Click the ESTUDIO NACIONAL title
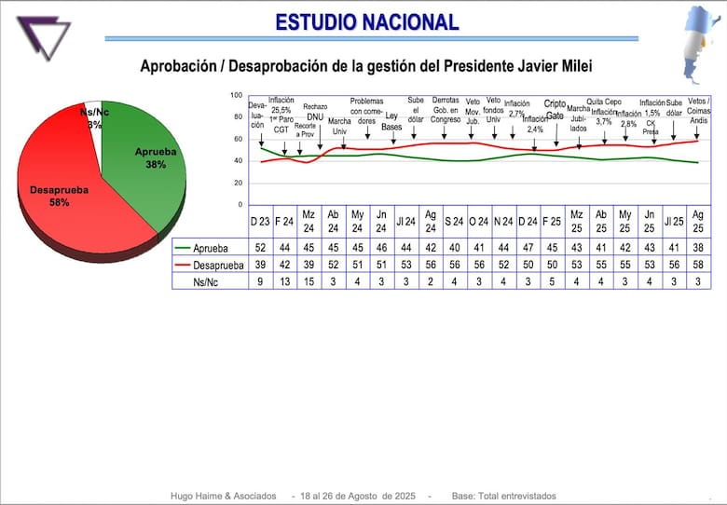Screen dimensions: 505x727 tap(366, 22)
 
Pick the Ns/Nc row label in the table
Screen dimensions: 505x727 tap(208, 280)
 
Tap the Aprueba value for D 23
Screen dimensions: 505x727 tap(260, 248)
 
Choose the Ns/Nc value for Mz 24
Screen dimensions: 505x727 tap(309, 280)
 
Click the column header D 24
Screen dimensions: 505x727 tap(527, 222)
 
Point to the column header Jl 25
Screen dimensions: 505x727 tap(673, 222)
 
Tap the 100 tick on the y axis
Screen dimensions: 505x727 tap(236, 95)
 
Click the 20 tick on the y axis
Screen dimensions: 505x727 tap(238, 183)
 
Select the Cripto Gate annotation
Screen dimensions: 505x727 tap(555, 110)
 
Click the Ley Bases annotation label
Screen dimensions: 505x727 tap(392, 122)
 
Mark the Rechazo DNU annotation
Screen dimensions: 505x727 tap(314, 113)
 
